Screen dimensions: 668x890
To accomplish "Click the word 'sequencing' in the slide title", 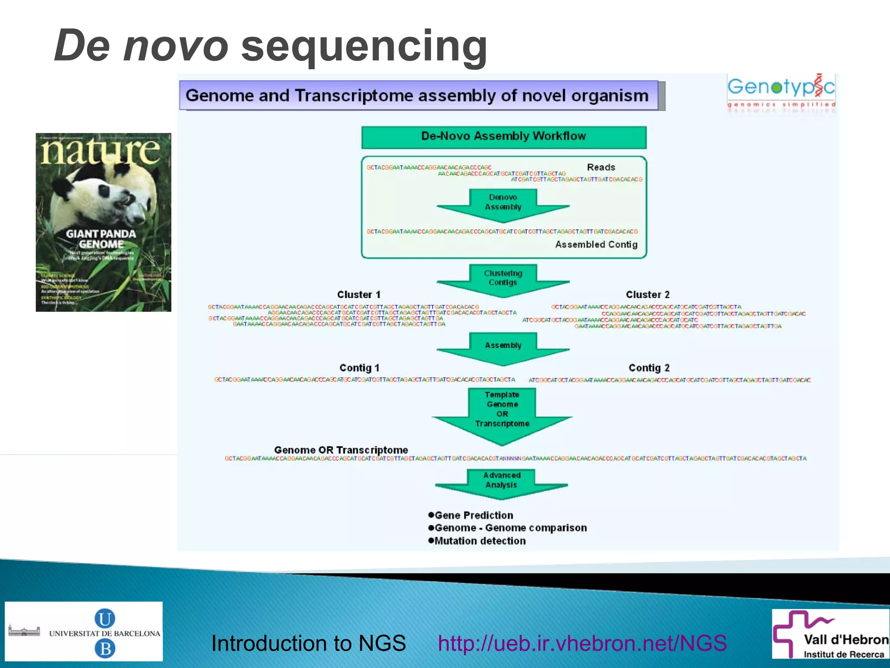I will click(x=364, y=47).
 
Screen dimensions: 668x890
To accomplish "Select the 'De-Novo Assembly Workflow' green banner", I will click(x=504, y=137).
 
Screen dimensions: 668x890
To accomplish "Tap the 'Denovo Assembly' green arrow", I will click(x=503, y=204).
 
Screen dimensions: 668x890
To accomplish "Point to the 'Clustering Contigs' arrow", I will click(x=503, y=279).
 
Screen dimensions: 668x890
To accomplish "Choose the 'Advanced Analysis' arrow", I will click(x=501, y=482).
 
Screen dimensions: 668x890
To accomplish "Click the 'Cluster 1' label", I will click(x=359, y=295).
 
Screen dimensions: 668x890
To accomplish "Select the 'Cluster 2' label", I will click(x=648, y=295).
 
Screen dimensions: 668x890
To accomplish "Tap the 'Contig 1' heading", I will click(x=359, y=368).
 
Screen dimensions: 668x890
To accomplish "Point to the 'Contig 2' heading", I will click(x=649, y=368).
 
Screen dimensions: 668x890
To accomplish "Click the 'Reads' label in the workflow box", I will click(x=601, y=167).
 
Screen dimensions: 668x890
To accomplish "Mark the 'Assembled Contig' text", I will click(x=596, y=245).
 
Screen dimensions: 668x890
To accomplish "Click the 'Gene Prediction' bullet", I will click(x=474, y=515).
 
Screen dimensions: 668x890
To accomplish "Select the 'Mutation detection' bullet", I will click(x=480, y=541).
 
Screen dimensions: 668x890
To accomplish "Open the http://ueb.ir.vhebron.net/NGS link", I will click(x=582, y=643).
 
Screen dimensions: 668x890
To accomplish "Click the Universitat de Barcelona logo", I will click(x=84, y=631).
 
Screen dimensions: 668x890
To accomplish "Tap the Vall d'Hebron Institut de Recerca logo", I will click(x=830, y=635).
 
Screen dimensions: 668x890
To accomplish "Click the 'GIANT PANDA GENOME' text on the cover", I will click(x=101, y=239).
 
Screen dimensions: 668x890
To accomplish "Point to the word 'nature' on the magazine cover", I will click(x=101, y=151).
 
